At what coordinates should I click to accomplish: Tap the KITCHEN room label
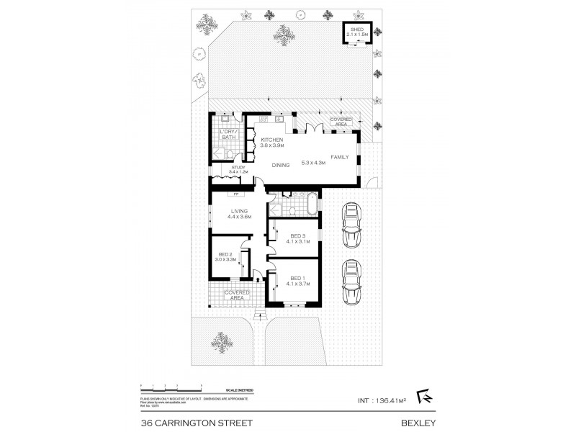pos(272,139)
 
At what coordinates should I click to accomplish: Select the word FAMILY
pos(340,156)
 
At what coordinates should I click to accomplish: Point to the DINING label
pos(281,165)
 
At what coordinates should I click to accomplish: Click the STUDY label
pos(238,168)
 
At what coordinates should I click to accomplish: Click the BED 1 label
pos(298,277)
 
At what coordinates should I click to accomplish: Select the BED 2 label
pos(225,254)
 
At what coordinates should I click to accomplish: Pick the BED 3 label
pos(298,235)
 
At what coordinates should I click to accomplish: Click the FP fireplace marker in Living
pos(235,194)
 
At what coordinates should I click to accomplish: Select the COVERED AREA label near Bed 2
pos(237,294)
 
